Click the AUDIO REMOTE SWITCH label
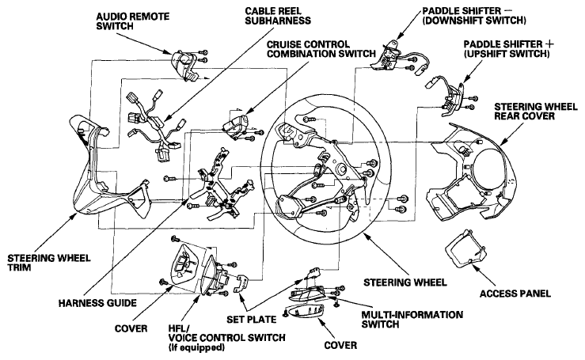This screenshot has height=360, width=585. [x=132, y=21]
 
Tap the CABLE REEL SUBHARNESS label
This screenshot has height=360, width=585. [x=278, y=15]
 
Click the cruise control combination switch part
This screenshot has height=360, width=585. [x=236, y=126]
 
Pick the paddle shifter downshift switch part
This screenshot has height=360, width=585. [x=389, y=55]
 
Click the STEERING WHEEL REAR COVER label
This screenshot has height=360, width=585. [x=536, y=112]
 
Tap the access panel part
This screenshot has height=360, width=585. [x=465, y=248]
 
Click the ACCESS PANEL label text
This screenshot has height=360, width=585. [x=515, y=294]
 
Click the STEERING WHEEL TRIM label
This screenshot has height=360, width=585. [x=49, y=263]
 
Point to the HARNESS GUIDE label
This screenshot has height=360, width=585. [x=97, y=302]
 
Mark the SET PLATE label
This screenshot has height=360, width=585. [x=252, y=320]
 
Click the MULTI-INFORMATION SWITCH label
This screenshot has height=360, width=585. [x=412, y=320]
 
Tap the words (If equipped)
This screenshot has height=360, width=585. [x=196, y=347]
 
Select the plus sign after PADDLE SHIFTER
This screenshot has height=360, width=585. [x=549, y=44]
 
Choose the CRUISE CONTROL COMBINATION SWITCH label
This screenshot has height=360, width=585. [x=321, y=49]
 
